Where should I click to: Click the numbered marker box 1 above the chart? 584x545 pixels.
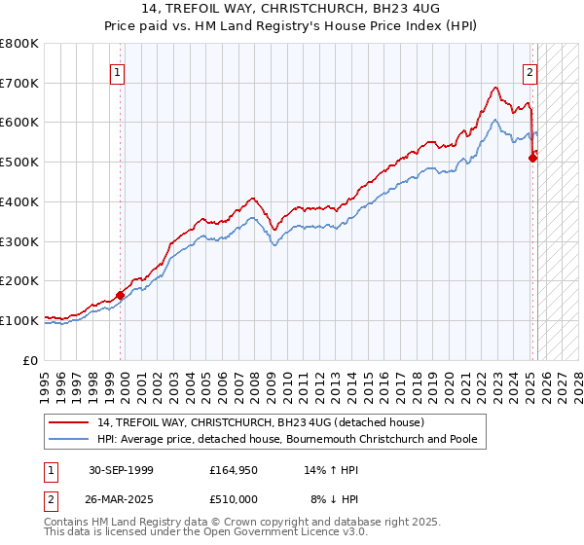pos(117,71)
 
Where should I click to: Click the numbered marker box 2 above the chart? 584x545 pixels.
pos(530,71)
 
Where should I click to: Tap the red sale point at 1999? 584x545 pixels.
pos(121,294)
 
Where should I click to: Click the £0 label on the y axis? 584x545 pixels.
pos(32,360)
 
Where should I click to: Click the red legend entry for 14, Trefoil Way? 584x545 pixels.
pos(260,422)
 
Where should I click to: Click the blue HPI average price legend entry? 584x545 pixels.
pos(286,439)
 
